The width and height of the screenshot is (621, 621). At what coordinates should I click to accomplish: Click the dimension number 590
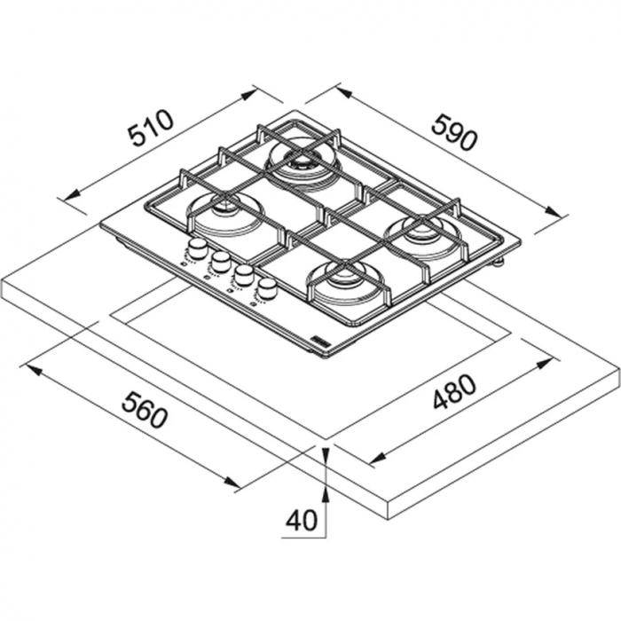[454, 132]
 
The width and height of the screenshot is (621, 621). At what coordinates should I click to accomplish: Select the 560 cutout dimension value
[145, 410]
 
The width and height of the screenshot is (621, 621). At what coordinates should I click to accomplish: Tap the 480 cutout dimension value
[454, 391]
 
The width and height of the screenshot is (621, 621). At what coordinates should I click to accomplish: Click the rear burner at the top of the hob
[303, 164]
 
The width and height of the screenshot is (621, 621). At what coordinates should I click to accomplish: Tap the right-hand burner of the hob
[424, 235]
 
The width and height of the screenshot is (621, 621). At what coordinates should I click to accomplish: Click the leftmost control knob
[199, 249]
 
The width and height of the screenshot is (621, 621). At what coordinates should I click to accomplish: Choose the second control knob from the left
[221, 261]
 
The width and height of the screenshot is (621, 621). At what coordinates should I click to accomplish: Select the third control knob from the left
[243, 275]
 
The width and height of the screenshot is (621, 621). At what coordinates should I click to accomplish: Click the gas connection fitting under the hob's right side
[499, 263]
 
